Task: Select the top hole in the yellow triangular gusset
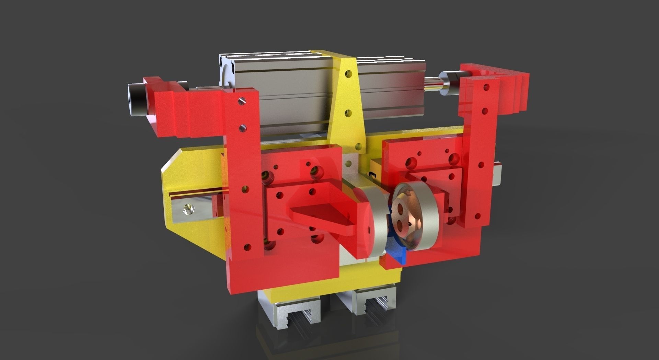349,73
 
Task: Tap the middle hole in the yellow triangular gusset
349,113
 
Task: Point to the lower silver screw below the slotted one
243,128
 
